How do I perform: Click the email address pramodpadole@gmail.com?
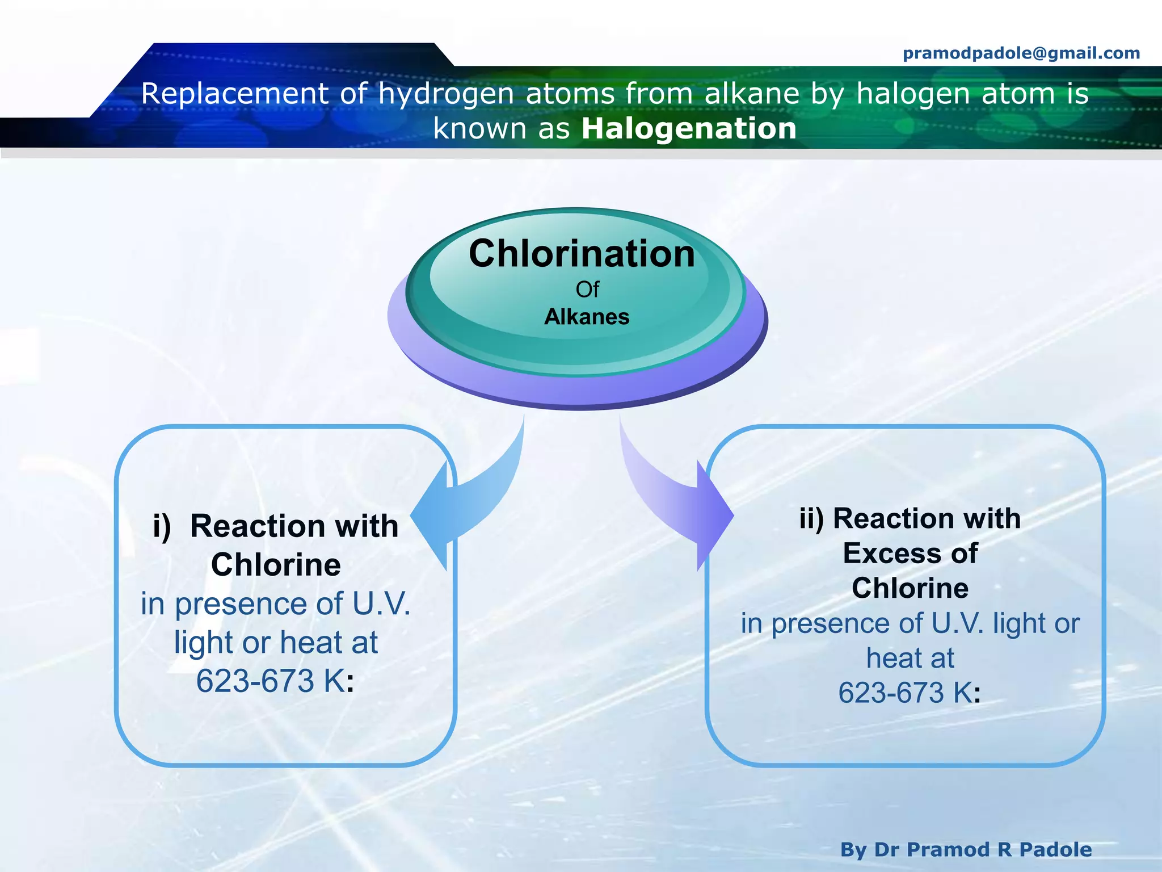tap(1021, 53)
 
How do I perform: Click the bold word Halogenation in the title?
tap(689, 128)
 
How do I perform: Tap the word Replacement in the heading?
tap(234, 93)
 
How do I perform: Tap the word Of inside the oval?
tap(587, 290)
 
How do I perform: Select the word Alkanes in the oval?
tap(587, 317)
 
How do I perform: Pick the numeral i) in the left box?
tap(162, 526)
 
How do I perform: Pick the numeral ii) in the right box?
tap(811, 518)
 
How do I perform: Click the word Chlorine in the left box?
tap(276, 565)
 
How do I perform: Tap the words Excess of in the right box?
tap(910, 554)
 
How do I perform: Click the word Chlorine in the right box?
tap(910, 588)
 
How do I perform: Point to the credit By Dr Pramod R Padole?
tap(966, 849)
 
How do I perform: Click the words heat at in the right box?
tap(910, 658)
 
